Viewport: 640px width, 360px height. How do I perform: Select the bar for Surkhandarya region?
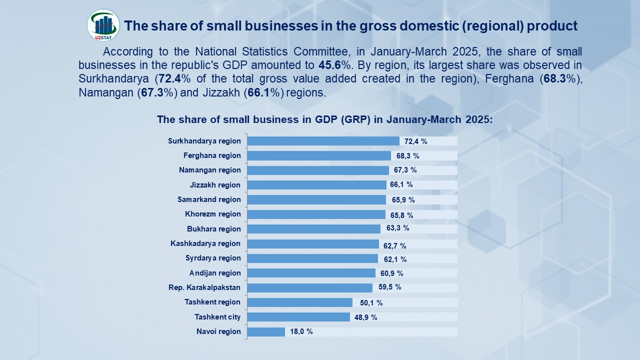[323, 141]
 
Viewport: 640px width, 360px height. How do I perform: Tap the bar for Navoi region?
[266, 331]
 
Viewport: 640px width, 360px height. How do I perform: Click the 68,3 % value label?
[407, 156]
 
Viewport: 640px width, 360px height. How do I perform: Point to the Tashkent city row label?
[217, 317]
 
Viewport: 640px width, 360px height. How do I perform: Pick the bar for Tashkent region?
[300, 302]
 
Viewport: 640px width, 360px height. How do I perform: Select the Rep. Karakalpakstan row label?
[204, 287]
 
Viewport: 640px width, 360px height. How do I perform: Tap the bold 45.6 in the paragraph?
[330, 65]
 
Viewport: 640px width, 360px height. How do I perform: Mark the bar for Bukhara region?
[314, 229]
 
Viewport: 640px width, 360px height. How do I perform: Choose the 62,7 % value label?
[395, 245]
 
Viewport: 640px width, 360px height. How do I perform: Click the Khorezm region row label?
[213, 214]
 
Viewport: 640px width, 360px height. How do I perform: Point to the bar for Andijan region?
[311, 273]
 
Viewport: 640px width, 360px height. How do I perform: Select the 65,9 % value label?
[403, 200]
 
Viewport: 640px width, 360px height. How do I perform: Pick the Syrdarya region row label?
[213, 258]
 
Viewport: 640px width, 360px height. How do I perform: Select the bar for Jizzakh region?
[317, 185]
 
